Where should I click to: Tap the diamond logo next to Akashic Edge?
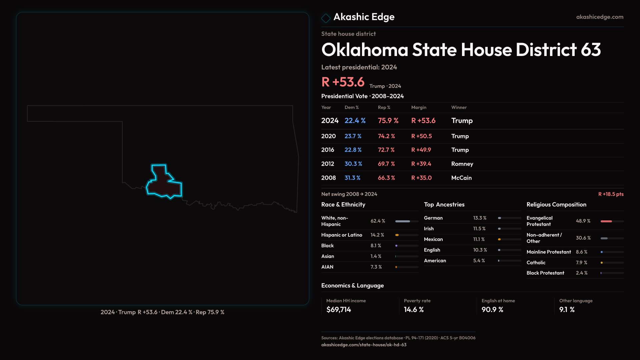(326, 18)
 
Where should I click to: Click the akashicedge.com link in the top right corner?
(599, 17)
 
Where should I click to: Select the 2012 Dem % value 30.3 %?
(353, 164)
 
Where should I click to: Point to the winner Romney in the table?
(462, 164)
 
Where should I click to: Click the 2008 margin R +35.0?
(421, 178)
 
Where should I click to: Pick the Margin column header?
(419, 107)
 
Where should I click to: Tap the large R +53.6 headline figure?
(343, 82)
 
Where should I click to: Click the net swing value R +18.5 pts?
(611, 194)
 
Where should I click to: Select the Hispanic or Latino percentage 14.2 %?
(377, 235)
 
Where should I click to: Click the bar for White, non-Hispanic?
(407, 221)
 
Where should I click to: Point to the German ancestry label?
(433, 218)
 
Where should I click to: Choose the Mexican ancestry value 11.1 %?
(479, 239)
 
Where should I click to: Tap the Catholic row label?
(536, 263)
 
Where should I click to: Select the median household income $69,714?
(339, 310)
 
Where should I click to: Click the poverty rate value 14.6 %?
(414, 310)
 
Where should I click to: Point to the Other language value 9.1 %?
(567, 310)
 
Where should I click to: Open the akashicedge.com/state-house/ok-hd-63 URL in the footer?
(364, 345)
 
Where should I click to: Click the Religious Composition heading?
(556, 205)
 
